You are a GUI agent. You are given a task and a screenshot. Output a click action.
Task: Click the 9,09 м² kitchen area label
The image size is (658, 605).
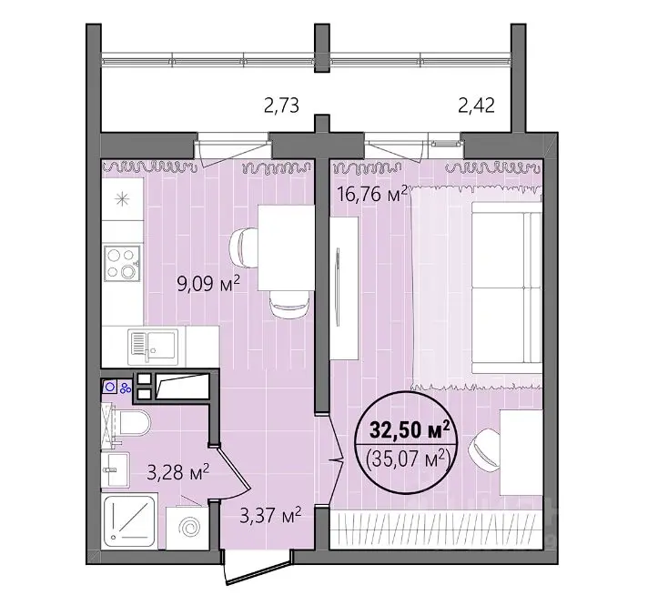[x=208, y=284]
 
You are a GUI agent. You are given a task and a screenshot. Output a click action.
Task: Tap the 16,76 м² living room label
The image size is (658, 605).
[x=372, y=194]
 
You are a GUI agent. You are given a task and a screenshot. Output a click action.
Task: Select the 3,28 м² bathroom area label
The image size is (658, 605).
[x=178, y=472]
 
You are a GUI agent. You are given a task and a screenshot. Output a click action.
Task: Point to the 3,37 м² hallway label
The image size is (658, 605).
[x=270, y=515]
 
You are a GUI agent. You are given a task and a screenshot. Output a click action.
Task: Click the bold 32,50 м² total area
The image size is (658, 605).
[x=410, y=429]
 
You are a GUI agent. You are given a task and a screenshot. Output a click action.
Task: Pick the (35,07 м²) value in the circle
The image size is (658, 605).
[x=409, y=459]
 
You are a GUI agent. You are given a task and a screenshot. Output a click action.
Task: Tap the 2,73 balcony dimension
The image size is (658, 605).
[x=281, y=106]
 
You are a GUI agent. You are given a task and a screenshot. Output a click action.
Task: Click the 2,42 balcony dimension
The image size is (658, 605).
[x=476, y=106]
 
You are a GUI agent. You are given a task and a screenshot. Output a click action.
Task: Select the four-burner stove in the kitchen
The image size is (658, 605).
[x=122, y=263]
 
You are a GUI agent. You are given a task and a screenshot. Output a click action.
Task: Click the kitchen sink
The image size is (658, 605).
[x=153, y=346]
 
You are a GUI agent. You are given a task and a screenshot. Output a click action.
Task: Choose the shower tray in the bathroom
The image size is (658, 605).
[x=129, y=520]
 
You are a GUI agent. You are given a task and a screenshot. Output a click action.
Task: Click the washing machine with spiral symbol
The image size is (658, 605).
[x=187, y=528]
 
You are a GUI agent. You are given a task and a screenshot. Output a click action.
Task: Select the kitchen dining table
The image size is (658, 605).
[x=286, y=247]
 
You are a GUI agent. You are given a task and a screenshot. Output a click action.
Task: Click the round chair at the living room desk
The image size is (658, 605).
[x=484, y=449]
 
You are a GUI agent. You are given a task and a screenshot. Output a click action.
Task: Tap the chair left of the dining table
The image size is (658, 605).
[x=243, y=247]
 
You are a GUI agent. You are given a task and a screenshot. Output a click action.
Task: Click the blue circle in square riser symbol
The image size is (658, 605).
[x=110, y=387]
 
